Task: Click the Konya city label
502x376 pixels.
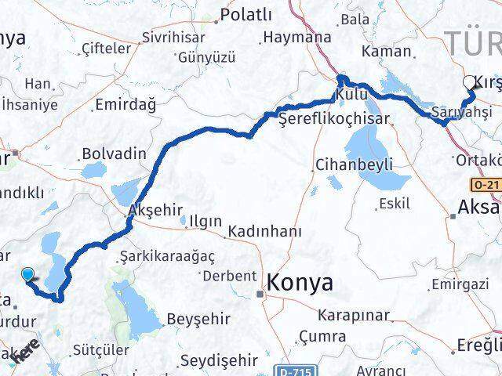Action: [300, 283]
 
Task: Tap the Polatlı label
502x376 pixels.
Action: [246, 14]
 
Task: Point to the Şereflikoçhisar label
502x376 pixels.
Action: [324, 118]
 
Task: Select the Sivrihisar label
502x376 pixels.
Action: [173, 38]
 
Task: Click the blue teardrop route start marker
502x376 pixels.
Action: [29, 274]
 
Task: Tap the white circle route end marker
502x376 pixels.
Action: [470, 82]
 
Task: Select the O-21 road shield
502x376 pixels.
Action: [485, 185]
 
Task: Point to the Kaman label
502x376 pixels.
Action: [386, 51]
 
